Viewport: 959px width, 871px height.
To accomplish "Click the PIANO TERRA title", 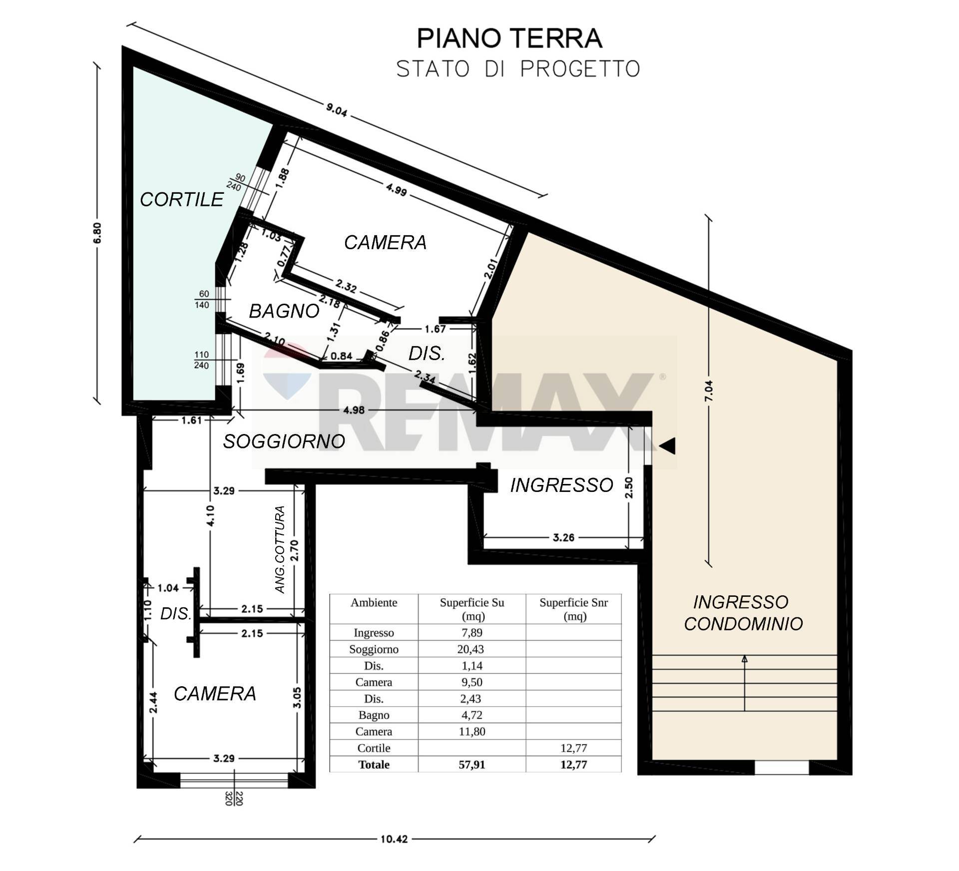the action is (509, 38).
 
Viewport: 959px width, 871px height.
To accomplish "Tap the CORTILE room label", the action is (181, 199).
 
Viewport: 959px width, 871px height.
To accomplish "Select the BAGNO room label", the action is (284, 311).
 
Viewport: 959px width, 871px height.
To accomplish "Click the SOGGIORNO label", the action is (284, 441).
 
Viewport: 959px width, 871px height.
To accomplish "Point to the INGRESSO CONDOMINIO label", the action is (743, 613).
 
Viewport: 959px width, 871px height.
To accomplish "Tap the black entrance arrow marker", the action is (667, 445).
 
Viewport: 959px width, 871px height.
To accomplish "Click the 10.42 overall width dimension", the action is (394, 839).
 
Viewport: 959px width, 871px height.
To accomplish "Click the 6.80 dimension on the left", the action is (97, 232).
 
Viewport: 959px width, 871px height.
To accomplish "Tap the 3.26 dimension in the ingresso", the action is (563, 537).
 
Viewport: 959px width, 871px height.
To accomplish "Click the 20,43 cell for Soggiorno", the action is (472, 649).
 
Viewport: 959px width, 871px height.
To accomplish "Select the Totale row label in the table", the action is (374, 765).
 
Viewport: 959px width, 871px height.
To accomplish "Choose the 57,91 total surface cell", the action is (472, 765).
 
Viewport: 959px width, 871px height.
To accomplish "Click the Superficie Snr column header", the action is (573, 609).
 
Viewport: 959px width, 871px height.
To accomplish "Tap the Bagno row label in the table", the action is (374, 715).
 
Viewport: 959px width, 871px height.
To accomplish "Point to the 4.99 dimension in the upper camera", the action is (396, 189).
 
